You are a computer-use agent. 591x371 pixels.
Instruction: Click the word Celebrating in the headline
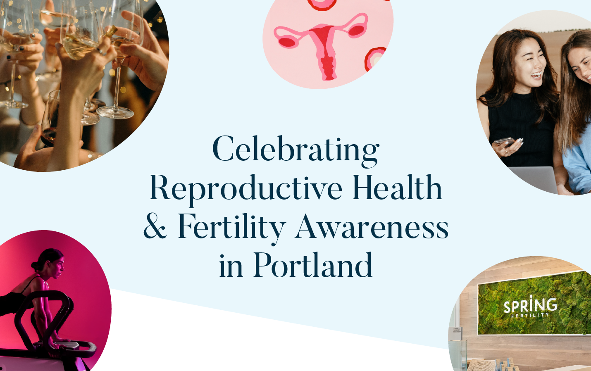pos(296,151)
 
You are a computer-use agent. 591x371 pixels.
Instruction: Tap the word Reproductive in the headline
pos(246,189)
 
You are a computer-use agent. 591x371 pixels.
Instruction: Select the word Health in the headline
pos(397,187)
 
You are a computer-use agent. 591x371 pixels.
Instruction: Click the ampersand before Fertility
pos(155,226)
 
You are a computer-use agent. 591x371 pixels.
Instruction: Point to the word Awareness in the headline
pos(372,226)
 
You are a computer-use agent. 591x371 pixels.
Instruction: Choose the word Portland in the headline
pos(313,264)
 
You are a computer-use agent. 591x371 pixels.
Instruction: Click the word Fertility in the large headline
pos(232,228)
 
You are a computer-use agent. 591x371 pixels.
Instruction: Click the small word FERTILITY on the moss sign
pos(530,315)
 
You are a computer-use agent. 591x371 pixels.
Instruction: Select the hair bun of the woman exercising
pos(36,265)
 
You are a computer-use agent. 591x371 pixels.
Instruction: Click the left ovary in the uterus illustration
pos(287,42)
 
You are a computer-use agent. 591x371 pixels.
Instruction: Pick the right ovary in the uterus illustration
pos(356,30)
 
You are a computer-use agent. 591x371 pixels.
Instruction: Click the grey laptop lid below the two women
pos(533,179)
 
